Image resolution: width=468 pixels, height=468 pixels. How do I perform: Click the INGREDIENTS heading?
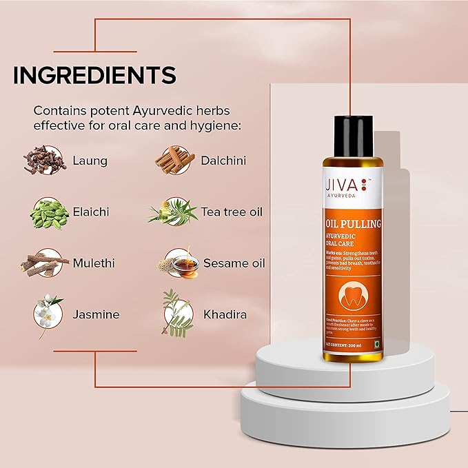pos(94,74)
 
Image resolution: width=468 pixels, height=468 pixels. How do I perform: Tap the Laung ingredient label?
pos(90,161)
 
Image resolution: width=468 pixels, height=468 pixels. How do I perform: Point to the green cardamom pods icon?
pos(48,212)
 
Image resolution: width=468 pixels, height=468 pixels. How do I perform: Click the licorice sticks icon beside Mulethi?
pos(45,263)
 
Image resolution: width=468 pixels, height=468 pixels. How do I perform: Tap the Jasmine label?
pos(96,314)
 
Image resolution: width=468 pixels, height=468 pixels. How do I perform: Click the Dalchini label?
pos(224,161)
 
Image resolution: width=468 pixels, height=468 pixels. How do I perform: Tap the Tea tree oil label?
pos(232,212)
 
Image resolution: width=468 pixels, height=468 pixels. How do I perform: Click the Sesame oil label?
pos(234,263)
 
